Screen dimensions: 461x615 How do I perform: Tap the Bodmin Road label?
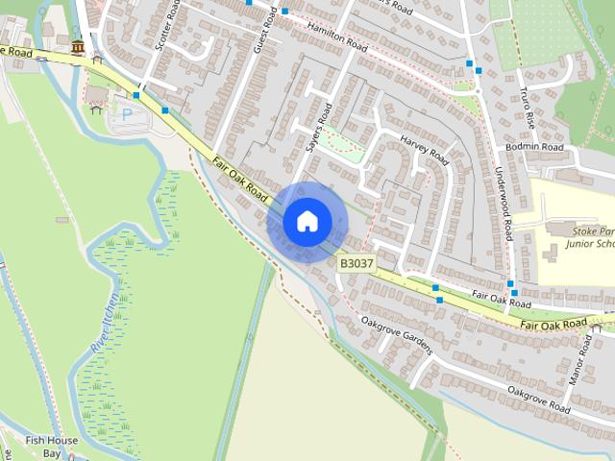534,147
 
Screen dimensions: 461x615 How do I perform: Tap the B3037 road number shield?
356,262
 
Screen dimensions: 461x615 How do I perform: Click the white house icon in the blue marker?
307,221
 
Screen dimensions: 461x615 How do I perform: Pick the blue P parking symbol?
127,113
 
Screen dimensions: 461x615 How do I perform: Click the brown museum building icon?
76,47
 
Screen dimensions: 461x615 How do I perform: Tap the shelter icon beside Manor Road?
598,328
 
